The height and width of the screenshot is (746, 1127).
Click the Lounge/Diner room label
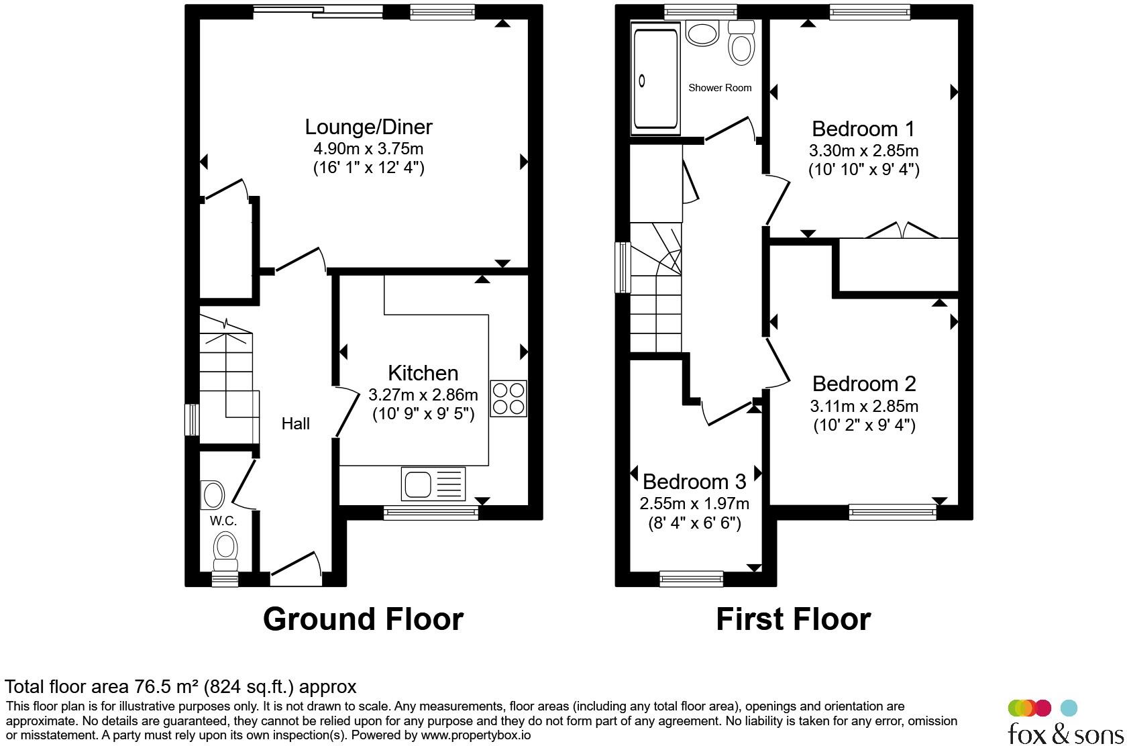tap(368, 127)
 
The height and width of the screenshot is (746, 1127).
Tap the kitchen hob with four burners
tap(508, 398)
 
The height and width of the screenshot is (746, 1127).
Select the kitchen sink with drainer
tap(433, 484)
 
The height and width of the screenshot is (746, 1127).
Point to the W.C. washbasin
tap(213, 496)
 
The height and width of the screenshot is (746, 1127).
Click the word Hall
tap(295, 424)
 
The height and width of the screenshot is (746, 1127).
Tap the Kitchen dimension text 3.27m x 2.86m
tap(423, 395)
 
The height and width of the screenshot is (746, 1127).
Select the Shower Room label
tap(719, 88)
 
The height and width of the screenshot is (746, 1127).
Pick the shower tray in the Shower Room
tap(655, 78)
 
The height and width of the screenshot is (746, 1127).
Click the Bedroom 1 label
tap(863, 129)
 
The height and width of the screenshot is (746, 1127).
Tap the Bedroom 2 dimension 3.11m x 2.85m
tap(864, 406)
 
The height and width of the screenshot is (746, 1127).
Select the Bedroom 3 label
tap(694, 482)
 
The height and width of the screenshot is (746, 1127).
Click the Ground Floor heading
tap(364, 619)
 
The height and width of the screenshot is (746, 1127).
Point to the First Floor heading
tap(794, 619)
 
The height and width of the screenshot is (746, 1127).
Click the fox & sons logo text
tap(1065, 733)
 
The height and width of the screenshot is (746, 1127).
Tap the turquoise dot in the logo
tap(1069, 708)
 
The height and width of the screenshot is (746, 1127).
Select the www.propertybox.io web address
tap(476, 735)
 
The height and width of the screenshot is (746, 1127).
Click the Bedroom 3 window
tap(691, 579)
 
